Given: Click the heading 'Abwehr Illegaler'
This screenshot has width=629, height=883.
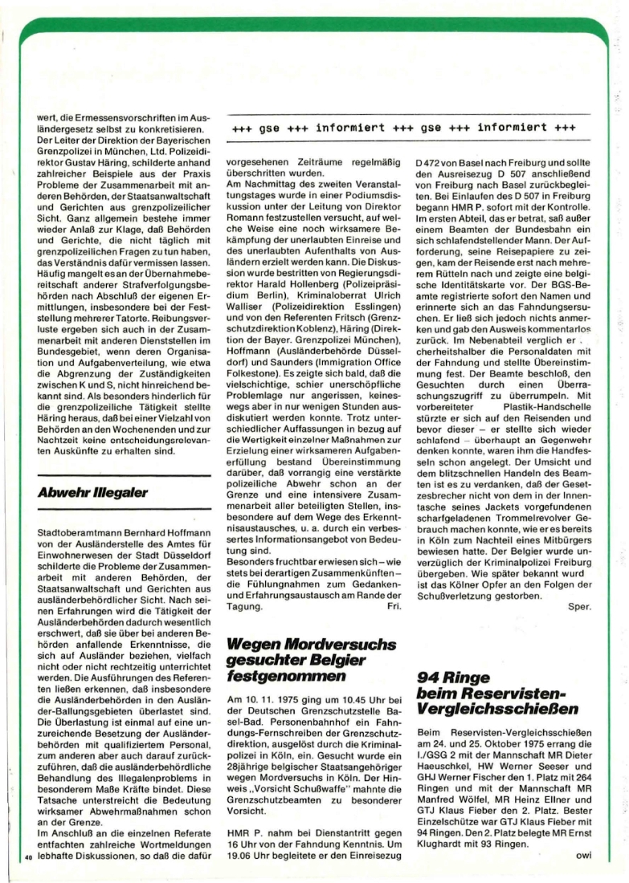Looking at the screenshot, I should pos(92,492).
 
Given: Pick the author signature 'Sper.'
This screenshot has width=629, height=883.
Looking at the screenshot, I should pos(579,607).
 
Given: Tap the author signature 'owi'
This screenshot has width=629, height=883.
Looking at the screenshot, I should pos(584,853).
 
